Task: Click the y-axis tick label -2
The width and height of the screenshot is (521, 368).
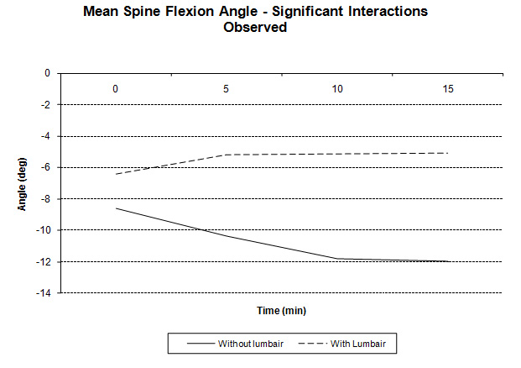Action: [x=45, y=105]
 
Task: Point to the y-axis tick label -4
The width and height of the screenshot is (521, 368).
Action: [x=45, y=136]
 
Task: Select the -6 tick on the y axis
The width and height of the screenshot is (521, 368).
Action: [x=45, y=167]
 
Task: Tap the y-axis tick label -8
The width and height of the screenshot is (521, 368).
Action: [x=45, y=199]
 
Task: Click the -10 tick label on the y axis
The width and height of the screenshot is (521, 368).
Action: [x=43, y=230]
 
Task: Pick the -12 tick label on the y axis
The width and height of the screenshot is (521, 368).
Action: [x=43, y=262]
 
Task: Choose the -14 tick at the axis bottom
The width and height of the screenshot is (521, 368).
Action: [x=43, y=293]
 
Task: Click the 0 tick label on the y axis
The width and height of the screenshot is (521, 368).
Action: [x=48, y=74]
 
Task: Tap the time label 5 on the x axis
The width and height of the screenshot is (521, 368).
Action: [x=227, y=87]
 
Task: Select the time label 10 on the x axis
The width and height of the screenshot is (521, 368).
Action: [x=337, y=87]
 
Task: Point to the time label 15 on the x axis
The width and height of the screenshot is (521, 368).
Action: [x=449, y=87]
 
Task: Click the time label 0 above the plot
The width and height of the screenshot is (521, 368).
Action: [x=116, y=87]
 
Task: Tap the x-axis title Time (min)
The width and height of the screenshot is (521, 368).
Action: [x=282, y=311]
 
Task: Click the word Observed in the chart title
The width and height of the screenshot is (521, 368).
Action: [x=256, y=27]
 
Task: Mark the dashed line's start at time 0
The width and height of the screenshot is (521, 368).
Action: [x=116, y=174]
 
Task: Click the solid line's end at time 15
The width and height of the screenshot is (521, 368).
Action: [x=449, y=261]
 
